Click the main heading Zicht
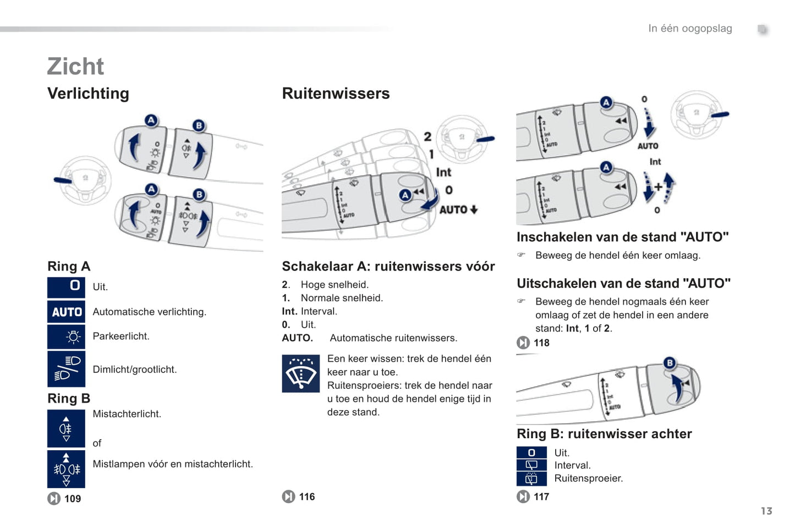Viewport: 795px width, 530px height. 75,67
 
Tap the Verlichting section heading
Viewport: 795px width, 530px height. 88,93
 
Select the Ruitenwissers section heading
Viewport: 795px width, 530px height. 336,93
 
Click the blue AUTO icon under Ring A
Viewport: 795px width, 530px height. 67,312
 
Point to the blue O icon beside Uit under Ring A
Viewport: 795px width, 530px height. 67,286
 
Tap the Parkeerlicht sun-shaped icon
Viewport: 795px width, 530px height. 67,336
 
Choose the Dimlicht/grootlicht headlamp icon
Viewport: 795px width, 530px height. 67,368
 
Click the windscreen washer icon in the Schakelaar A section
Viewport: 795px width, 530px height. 300,373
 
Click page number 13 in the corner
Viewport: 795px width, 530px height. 766,511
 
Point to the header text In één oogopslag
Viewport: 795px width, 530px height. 690,29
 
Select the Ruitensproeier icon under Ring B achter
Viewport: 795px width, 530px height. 531,479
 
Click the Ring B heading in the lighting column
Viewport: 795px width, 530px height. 69,398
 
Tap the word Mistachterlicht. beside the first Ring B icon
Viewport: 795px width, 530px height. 127,414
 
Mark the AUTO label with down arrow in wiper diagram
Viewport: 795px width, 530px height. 458,209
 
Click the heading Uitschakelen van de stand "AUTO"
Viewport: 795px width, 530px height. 623,283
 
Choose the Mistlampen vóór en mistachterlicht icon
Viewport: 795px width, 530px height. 67,469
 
